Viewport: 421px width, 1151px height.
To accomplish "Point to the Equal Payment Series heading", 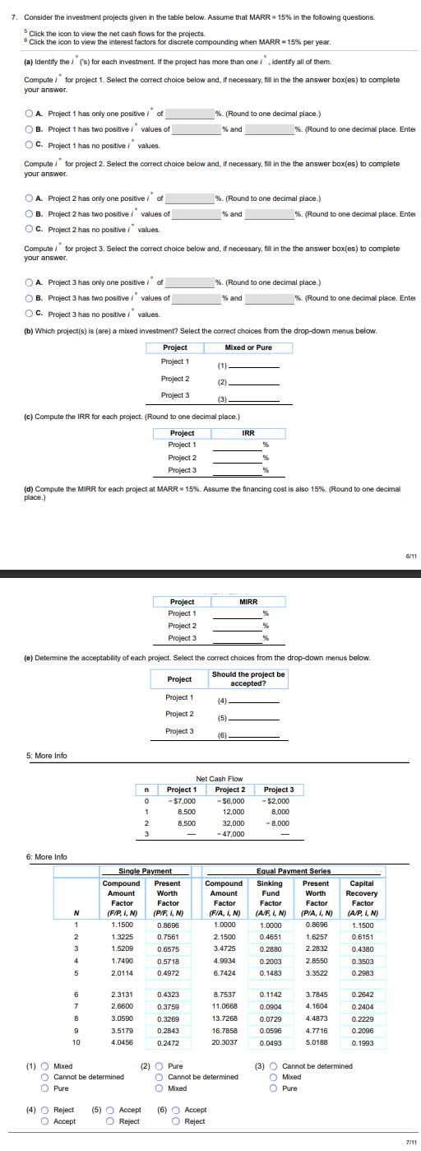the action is coord(294,871).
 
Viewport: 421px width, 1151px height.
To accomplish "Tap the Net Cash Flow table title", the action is coord(220,778).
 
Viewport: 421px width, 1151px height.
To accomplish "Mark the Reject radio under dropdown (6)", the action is coord(177,1121).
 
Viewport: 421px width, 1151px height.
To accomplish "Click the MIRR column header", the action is coord(248,601).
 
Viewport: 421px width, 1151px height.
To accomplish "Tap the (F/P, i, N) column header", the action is coord(122,912).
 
